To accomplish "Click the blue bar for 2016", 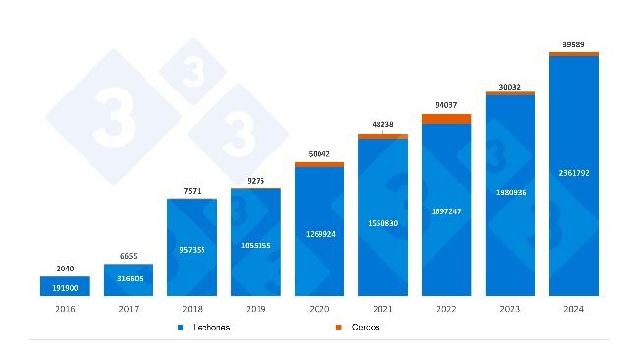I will pos(65,286).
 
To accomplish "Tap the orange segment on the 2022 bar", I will pos(446,119).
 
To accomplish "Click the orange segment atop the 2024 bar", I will pos(573,54).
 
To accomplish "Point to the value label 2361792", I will pos(573,173).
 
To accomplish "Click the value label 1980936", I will pos(510,192).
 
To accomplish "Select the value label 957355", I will pos(192,250).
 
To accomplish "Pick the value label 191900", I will pos(65,286).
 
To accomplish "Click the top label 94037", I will pos(446,104).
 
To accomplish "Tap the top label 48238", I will pos(382,125).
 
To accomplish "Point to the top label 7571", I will pos(192,191).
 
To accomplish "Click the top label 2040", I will pos(65,268).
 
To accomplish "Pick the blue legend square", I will pos(182,327).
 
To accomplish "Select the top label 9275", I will pos(256,180).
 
